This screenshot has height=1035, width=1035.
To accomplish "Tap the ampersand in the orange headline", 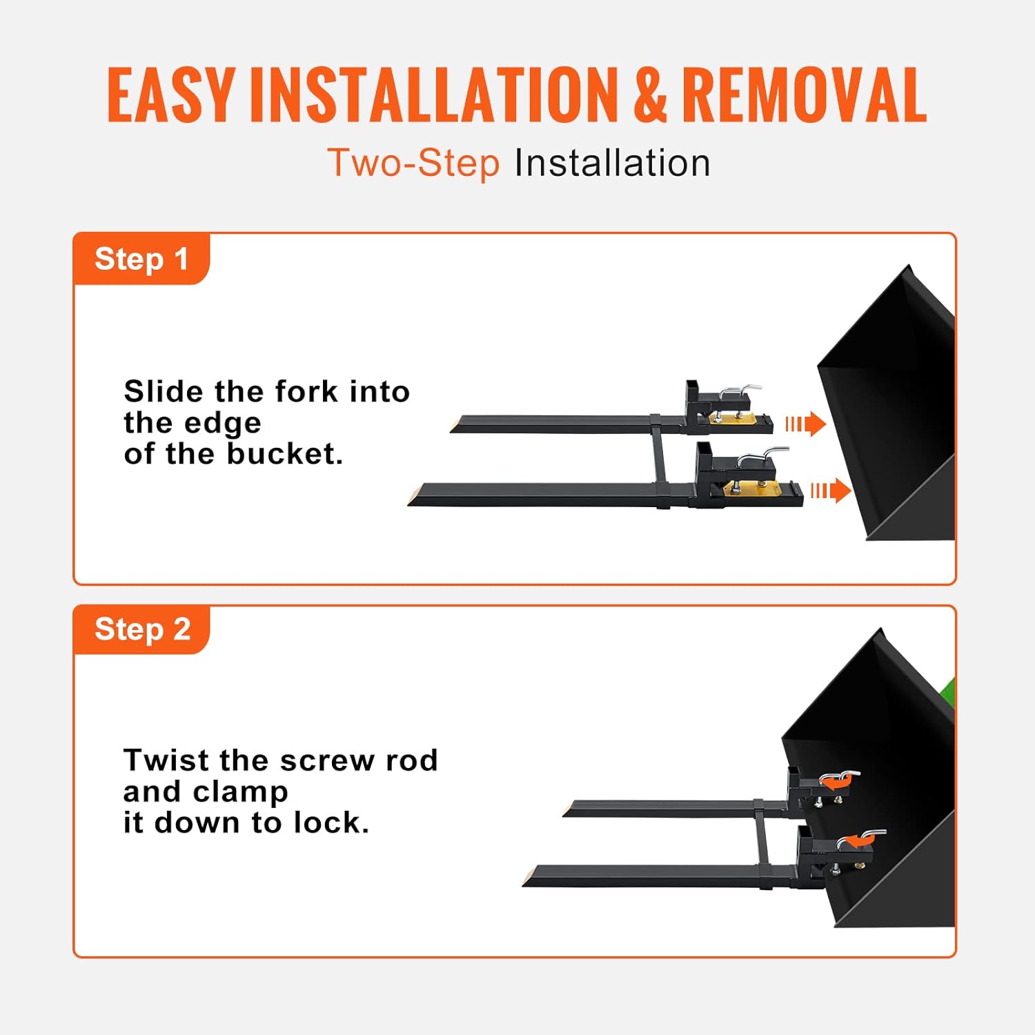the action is coord(650,96).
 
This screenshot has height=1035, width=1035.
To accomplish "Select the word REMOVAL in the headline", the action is coord(804,96).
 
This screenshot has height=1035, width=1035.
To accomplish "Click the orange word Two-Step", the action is coord(413,164).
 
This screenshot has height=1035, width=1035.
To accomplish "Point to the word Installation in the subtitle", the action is coord(612,164).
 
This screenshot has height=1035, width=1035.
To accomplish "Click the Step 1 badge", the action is coord(141,259).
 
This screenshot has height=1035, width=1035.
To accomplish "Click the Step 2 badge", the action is coord(141,629).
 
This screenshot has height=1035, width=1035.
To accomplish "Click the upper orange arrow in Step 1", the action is coord(806,424).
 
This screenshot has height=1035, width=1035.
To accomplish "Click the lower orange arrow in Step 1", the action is coord(831,491).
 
